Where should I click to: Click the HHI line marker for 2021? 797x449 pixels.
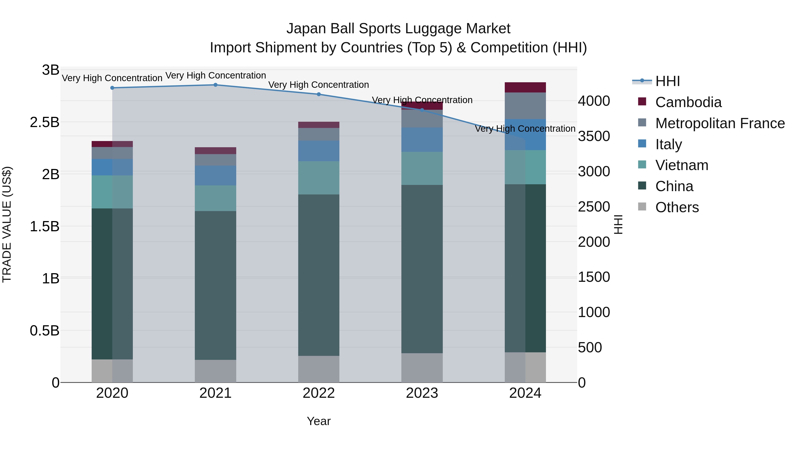point(216,85)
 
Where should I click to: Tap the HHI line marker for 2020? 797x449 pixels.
point(112,88)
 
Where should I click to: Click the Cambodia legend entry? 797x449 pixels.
point(688,102)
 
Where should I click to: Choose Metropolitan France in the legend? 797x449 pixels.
point(720,123)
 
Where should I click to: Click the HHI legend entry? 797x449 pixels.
point(667,81)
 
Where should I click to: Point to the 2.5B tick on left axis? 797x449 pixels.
point(44,122)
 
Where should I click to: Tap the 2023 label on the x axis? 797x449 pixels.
point(422,393)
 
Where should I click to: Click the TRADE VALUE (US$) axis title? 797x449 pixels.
point(7,224)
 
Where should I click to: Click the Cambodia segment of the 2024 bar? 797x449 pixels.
point(525,87)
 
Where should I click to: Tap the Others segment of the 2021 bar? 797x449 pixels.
point(215,371)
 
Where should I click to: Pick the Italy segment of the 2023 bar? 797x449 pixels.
point(422,140)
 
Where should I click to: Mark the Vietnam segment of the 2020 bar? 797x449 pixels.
point(112,192)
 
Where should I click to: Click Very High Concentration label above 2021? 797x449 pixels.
point(216,76)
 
